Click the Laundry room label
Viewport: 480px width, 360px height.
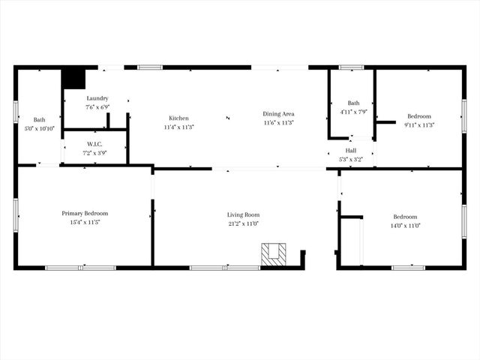point(97,98)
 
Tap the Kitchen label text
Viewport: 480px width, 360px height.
point(178,118)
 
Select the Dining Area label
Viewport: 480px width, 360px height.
point(277,114)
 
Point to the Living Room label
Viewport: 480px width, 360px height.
point(242,214)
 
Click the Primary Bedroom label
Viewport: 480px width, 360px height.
point(85,213)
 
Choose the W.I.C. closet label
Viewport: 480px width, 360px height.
point(94,144)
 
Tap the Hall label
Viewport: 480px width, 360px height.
point(351,151)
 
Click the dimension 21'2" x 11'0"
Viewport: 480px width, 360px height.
point(242,223)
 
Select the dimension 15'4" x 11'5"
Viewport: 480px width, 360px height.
point(85,222)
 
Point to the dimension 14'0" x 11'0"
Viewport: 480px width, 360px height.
point(405,226)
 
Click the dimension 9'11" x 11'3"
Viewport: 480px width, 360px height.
point(419,125)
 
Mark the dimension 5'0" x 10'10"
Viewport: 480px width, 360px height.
point(39,129)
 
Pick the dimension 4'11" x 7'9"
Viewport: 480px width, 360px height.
point(353,112)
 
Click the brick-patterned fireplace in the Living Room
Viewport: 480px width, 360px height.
point(274,254)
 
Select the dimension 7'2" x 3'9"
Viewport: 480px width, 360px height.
point(94,153)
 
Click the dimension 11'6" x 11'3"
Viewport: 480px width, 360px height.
point(277,123)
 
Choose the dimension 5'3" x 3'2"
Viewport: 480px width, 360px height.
point(351,159)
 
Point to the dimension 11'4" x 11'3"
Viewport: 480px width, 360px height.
point(178,127)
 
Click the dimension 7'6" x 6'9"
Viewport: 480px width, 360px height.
point(97,107)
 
